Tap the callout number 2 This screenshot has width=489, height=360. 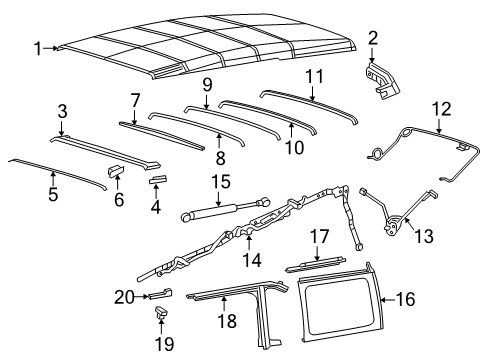(x=373, y=38)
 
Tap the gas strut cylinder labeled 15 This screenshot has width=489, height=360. (x=207, y=213)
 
